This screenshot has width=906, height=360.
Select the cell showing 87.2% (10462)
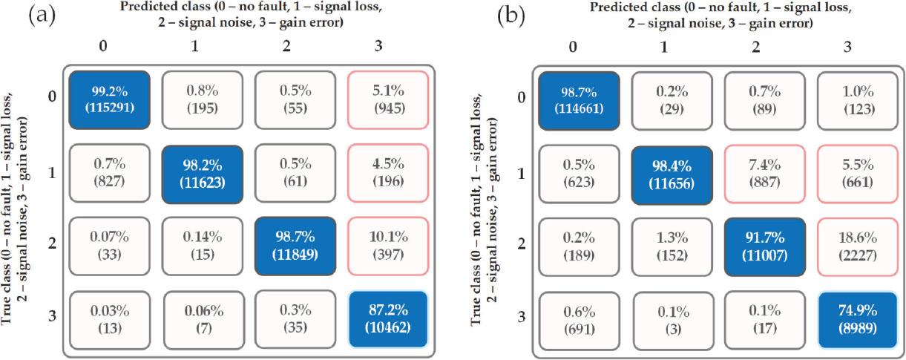(x=388, y=320)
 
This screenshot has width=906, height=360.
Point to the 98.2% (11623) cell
(x=203, y=173)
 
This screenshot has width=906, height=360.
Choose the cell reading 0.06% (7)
(x=203, y=320)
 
